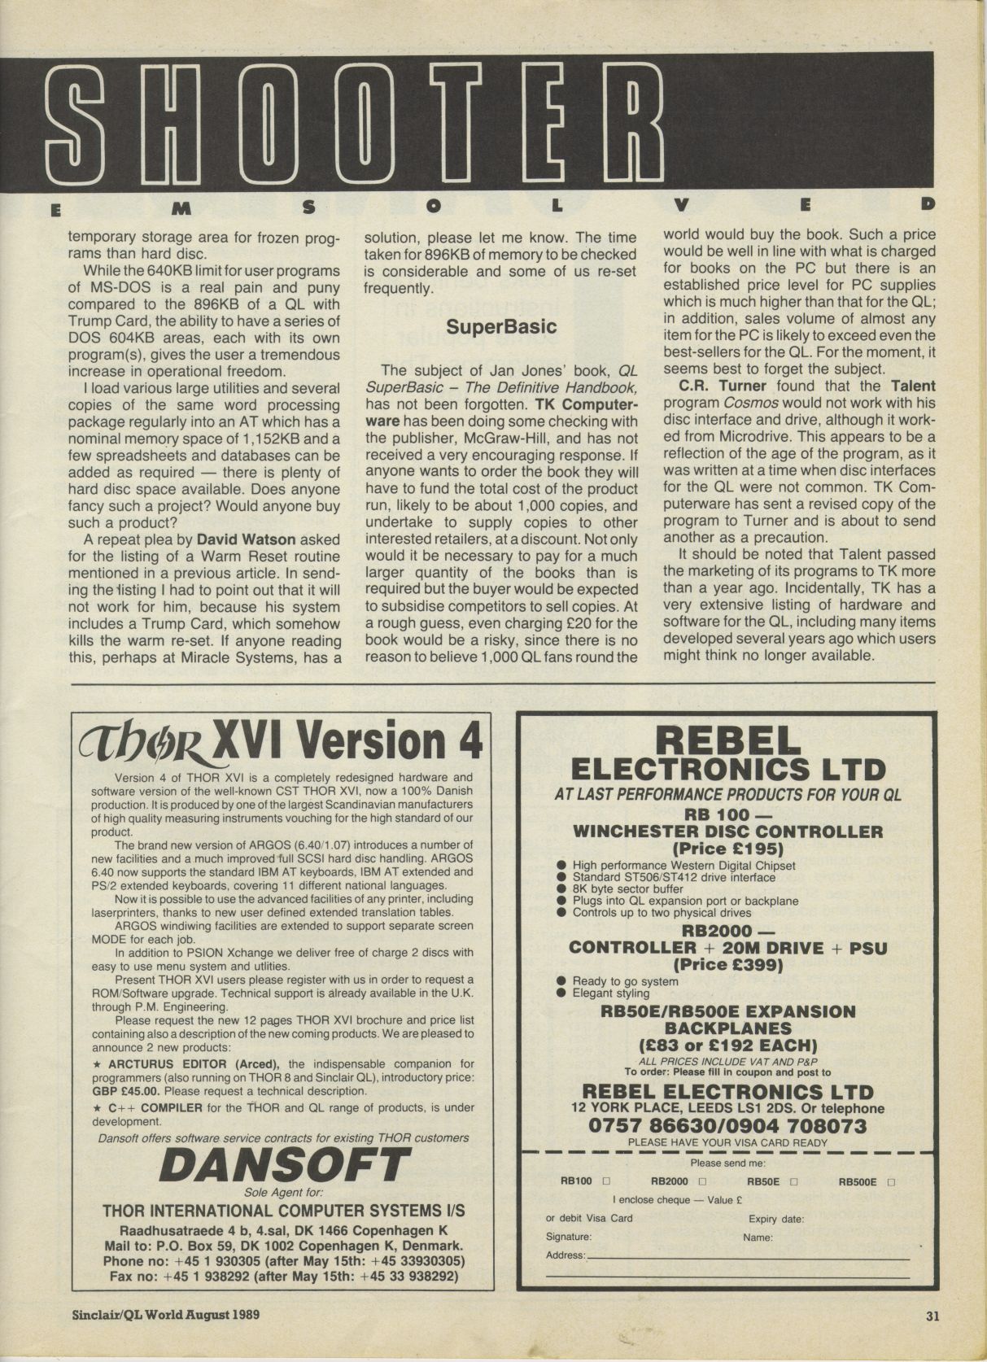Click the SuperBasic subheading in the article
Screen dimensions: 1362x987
501,326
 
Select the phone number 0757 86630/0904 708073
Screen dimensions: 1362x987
727,1126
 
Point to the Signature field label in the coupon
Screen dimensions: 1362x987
569,1236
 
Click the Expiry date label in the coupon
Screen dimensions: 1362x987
776,1219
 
